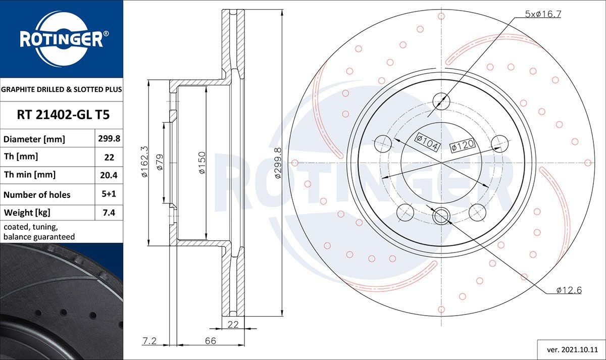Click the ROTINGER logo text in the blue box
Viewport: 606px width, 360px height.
pyautogui.click(x=61, y=39)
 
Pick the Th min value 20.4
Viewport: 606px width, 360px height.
pyautogui.click(x=109, y=175)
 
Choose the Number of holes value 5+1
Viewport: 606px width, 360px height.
pyautogui.click(x=109, y=194)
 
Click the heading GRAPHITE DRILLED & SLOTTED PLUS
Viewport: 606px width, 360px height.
pyautogui.click(x=62, y=89)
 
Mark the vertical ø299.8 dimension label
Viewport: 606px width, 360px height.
pyautogui.click(x=277, y=163)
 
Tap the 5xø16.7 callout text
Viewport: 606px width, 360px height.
pyautogui.click(x=543, y=14)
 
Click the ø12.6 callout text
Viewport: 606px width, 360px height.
pyautogui.click(x=569, y=290)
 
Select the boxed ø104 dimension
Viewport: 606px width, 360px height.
pyautogui.click(x=427, y=140)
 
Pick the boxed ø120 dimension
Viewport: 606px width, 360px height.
pyautogui.click(x=462, y=145)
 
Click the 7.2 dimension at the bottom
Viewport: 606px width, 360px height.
pyautogui.click(x=148, y=341)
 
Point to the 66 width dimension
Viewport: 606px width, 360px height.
pyautogui.click(x=210, y=341)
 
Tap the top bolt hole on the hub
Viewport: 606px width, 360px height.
pyautogui.click(x=441, y=101)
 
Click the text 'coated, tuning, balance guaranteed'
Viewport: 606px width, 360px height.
pyautogui.click(x=39, y=232)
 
